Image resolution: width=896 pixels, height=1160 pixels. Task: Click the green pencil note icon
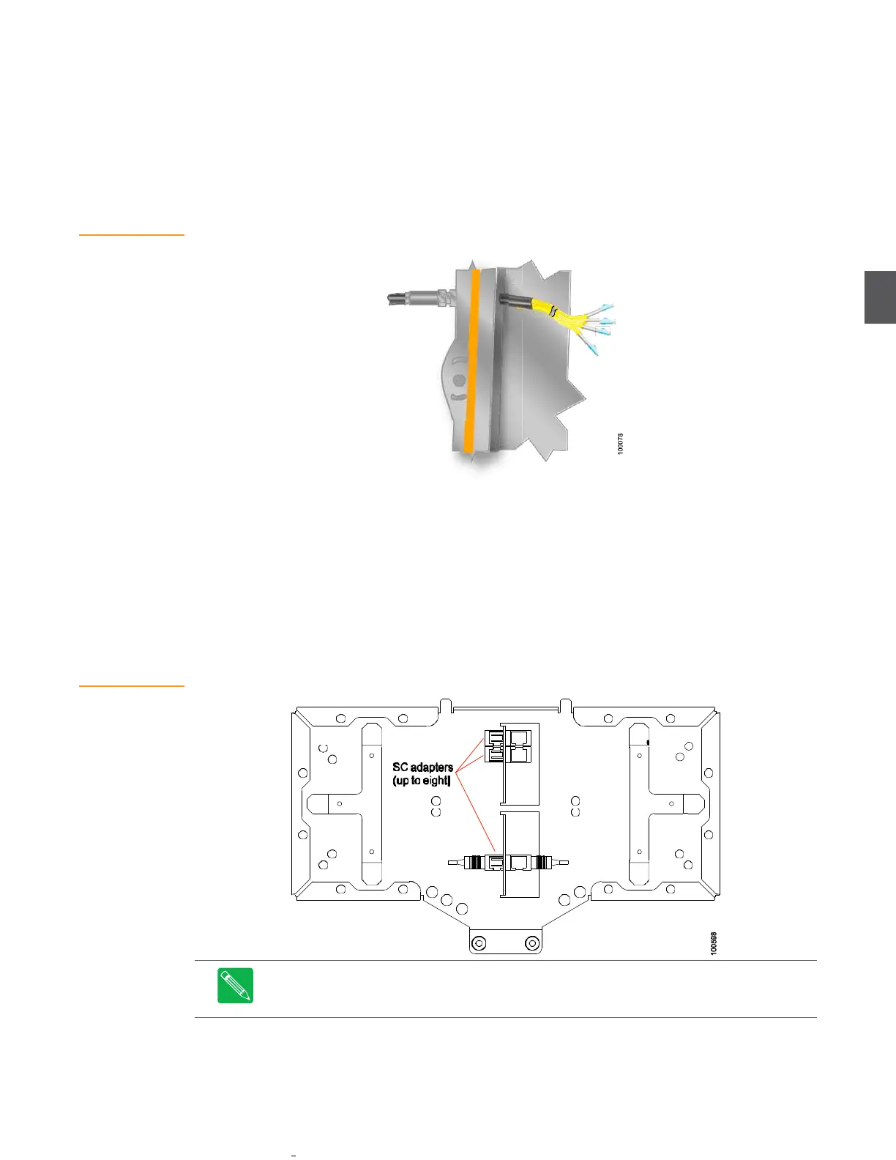(236, 985)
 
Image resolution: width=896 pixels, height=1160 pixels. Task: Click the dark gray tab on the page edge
(880, 297)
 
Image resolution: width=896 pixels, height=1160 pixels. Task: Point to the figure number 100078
(621, 444)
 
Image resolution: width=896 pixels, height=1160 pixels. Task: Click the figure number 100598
(714, 943)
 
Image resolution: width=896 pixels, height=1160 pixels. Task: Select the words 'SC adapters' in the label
(422, 767)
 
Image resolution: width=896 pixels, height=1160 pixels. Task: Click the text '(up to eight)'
(421, 781)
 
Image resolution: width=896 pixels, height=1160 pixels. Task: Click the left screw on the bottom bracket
(479, 943)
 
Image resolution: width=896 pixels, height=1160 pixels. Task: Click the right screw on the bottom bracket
(532, 943)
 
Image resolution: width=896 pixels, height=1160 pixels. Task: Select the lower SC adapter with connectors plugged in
(505, 862)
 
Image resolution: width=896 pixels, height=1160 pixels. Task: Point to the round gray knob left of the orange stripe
(459, 381)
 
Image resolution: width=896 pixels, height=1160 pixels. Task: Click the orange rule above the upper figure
(132, 235)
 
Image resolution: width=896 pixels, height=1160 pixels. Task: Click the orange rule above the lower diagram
(132, 686)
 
